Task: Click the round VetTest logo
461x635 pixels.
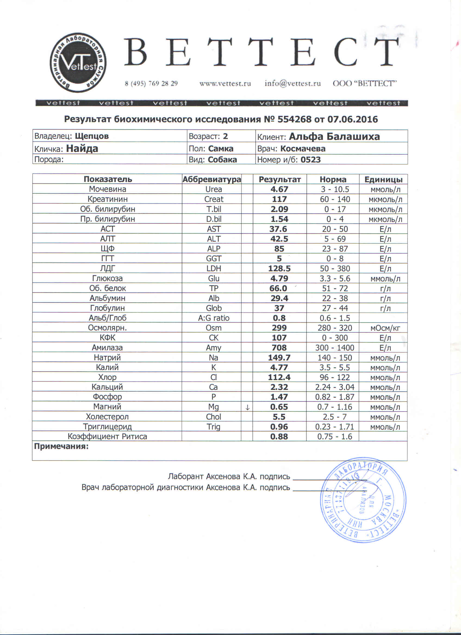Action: (78, 63)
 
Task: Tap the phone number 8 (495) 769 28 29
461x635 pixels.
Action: (151, 83)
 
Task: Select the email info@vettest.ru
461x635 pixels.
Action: (292, 83)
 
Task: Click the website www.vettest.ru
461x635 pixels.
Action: (225, 83)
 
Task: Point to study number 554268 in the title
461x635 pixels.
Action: (294, 120)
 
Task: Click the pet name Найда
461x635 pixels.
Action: (82, 148)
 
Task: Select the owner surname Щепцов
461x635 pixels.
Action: (92, 136)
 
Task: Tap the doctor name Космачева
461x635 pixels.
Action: (303, 148)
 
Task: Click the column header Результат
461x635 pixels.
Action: (279, 179)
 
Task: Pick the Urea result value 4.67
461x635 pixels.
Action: (279, 189)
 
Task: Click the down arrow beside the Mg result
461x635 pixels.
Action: (247, 408)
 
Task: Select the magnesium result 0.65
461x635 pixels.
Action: (279, 407)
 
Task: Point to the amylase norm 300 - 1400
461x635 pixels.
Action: (335, 348)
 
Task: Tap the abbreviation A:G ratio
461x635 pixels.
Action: (214, 318)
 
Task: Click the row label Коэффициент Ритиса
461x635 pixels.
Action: (107, 437)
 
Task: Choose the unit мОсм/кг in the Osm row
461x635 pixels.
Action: (385, 328)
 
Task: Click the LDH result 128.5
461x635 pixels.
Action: (279, 269)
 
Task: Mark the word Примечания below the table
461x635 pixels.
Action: (61, 446)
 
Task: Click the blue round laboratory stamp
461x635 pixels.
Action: (363, 500)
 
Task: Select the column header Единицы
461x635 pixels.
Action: (383, 179)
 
